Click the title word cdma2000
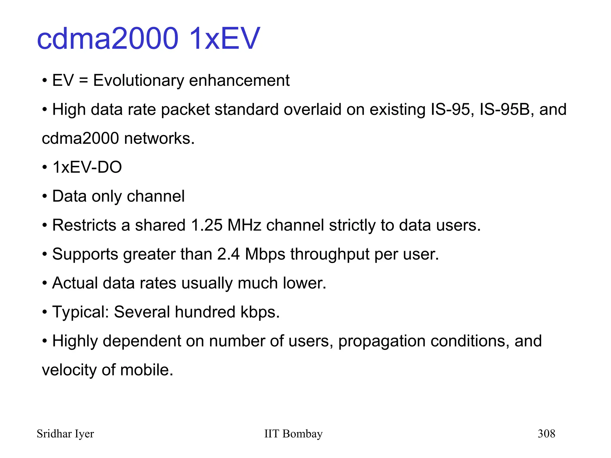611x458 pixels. coord(107,38)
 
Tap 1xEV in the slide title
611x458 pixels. coord(224,38)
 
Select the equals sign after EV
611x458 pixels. coord(84,81)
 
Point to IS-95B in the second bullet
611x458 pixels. coord(505,109)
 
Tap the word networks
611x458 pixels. coord(159,138)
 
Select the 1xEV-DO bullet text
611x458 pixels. coord(87,167)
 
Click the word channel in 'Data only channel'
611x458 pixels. coord(155,196)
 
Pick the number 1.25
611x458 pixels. coord(206,225)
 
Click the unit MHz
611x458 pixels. coord(244,225)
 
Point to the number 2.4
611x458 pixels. coord(228,254)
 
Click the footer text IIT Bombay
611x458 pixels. coord(293,434)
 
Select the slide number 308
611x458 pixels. coord(546,434)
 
